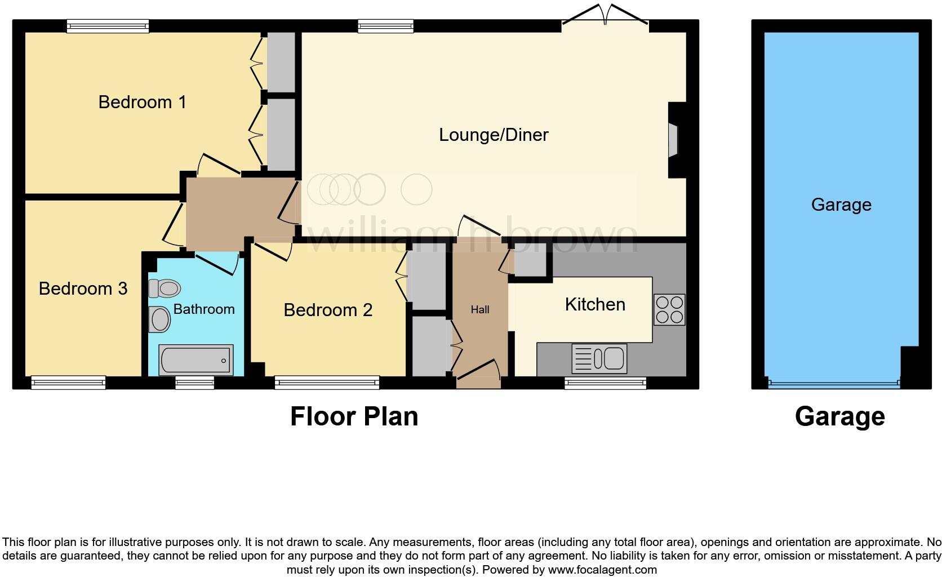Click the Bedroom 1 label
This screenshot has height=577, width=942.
point(142,102)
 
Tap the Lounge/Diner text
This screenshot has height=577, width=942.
point(494,135)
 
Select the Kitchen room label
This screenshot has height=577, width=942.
point(595,304)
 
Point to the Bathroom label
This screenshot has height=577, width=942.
point(203,309)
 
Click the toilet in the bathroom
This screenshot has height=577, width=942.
point(165,288)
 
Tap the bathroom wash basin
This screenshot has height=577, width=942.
point(160,320)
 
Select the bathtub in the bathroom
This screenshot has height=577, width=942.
point(195,359)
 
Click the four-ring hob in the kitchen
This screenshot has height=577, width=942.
point(669,309)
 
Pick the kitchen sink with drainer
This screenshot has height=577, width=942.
point(599,358)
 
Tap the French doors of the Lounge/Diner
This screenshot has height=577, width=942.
point(605,16)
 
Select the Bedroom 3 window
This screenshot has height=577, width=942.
point(68,383)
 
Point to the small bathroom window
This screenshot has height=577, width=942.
point(194,383)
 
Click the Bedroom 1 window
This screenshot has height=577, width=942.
point(108,26)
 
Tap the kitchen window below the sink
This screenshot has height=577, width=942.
point(605,383)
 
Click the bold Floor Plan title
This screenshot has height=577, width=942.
point(354,416)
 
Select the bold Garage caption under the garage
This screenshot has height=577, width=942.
point(839,416)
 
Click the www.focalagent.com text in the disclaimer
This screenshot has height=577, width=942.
point(602,570)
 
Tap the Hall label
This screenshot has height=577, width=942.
point(480,309)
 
